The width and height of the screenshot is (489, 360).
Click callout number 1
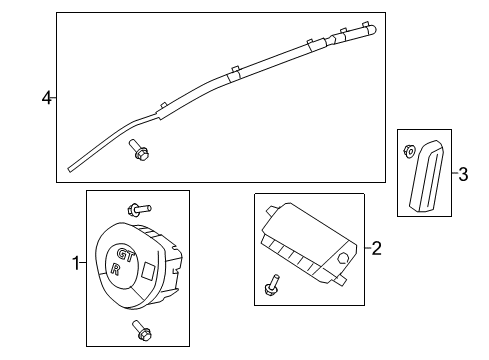75,263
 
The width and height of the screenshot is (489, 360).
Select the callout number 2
376,247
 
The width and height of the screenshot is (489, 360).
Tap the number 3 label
463,174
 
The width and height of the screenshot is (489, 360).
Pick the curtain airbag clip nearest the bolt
160,106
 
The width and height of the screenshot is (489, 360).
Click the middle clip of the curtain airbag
234,72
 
